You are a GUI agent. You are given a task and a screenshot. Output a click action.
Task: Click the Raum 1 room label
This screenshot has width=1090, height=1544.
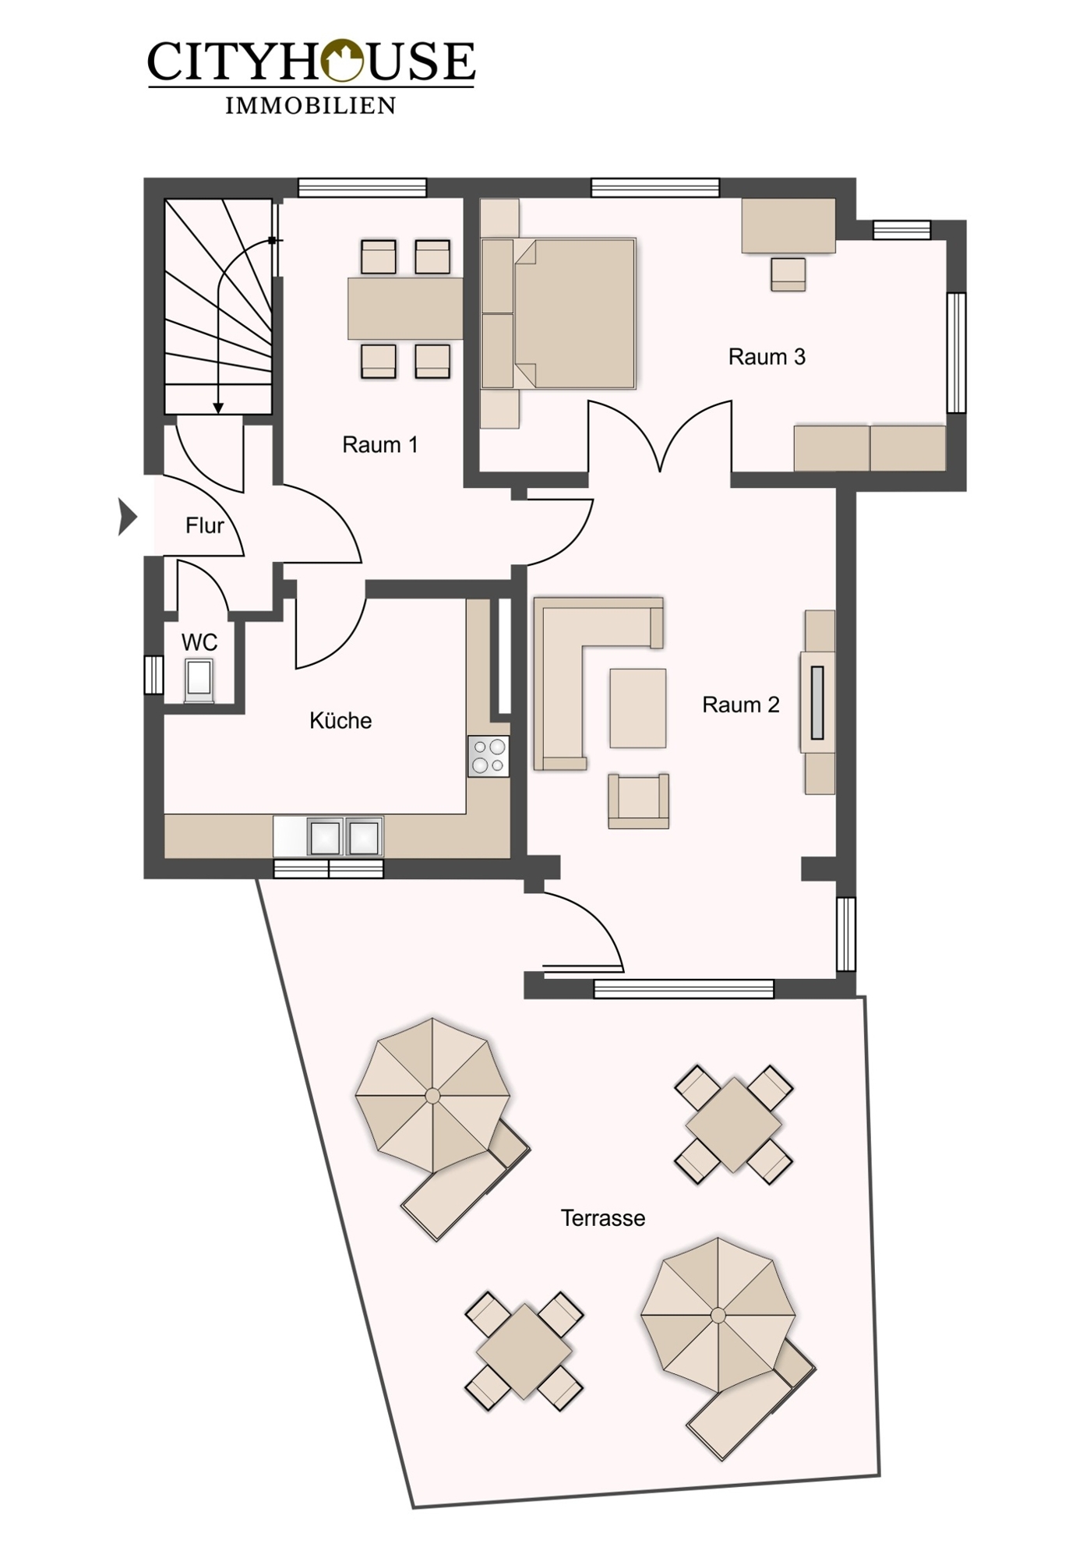(380, 445)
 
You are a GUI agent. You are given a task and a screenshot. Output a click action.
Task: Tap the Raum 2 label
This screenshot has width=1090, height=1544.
(741, 705)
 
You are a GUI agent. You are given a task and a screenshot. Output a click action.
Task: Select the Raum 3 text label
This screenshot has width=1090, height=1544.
(767, 357)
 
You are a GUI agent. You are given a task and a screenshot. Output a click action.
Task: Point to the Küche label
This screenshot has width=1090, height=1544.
(340, 720)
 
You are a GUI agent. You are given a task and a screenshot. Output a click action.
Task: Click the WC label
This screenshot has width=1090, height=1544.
(199, 642)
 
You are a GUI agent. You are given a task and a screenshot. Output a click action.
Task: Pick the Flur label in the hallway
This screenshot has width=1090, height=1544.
(205, 525)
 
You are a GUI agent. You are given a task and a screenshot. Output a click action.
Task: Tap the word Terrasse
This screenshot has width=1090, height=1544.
(603, 1218)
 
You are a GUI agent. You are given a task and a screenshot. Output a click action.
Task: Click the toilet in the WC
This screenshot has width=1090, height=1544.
(199, 679)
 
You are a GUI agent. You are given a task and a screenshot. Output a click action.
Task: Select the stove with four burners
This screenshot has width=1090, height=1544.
(489, 756)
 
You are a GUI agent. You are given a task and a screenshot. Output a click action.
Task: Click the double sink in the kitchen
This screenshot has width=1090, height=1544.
(344, 837)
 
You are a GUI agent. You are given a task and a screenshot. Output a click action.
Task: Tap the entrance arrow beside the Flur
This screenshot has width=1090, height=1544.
(127, 517)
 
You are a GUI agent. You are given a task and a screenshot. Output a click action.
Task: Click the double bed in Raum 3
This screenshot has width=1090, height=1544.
(559, 313)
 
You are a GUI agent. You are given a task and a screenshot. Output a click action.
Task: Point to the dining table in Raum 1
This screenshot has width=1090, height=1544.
(405, 309)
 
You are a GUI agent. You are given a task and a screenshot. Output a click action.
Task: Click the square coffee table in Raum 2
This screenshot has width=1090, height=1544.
(638, 708)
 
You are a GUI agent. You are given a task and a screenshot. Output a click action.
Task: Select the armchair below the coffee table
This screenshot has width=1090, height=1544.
(639, 800)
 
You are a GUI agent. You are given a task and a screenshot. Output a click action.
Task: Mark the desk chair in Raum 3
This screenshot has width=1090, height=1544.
(788, 274)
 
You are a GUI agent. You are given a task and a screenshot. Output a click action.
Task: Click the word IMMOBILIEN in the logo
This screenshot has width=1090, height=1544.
(311, 105)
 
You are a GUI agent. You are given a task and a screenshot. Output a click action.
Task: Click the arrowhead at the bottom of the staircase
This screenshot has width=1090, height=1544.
(218, 408)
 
